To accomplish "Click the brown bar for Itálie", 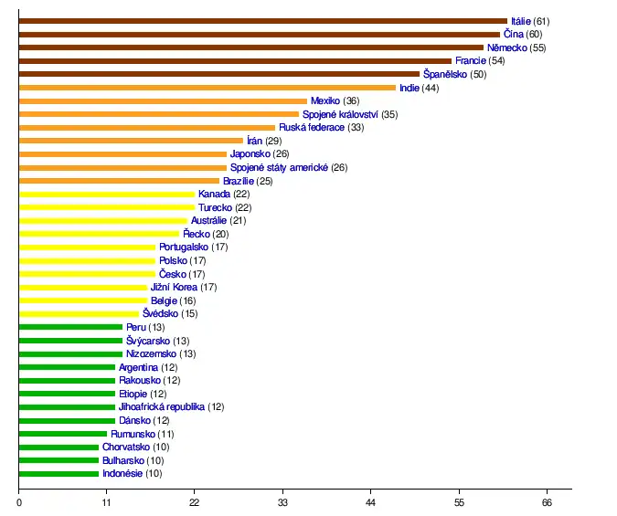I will (263, 20).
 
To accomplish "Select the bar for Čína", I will (260, 34).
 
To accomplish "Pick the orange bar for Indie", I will (207, 88).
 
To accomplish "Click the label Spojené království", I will (340, 114).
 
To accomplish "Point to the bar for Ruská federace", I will (147, 128).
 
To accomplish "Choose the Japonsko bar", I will (122, 154).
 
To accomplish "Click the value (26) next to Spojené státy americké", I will (339, 168).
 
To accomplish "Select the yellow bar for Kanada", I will (107, 195).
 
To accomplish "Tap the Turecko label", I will (215, 207).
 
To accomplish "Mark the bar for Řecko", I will (99, 234).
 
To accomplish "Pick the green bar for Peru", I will (70, 327).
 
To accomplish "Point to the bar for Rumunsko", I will (63, 434).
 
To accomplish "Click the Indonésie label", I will (122, 474).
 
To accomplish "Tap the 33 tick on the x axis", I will (282, 502).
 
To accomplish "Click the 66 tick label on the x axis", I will (547, 502).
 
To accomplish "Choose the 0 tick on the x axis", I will (19, 502).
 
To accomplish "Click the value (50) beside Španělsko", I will (478, 74).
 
